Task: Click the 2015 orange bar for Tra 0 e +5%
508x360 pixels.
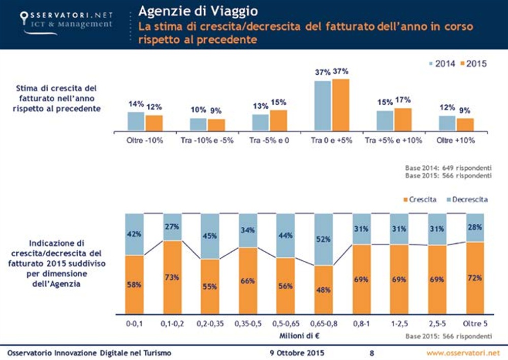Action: (341, 105)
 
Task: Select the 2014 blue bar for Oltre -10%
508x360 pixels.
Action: (136, 122)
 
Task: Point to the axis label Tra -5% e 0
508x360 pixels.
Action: (270, 140)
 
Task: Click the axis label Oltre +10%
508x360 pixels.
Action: (456, 140)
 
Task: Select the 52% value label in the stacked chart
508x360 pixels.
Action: (324, 239)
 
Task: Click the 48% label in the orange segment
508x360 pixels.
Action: (324, 290)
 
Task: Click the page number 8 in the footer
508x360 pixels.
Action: (372, 352)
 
